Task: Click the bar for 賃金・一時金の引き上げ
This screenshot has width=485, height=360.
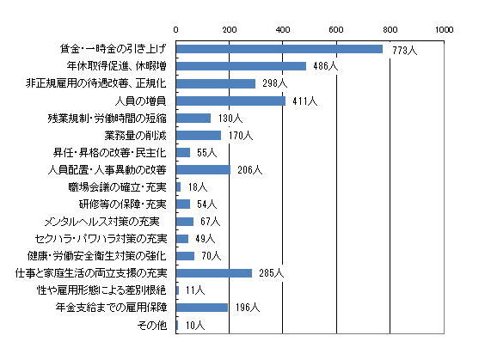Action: [x=279, y=49]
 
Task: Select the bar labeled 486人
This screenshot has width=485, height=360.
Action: [x=241, y=66]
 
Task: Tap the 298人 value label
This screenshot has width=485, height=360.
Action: [x=274, y=83]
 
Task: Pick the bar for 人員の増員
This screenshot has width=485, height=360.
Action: [x=230, y=101]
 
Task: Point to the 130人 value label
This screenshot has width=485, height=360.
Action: [x=230, y=119]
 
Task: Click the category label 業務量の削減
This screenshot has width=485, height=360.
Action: [x=136, y=136]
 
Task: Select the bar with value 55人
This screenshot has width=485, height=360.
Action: [x=183, y=153]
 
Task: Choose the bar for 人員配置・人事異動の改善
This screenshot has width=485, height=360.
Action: [x=203, y=169]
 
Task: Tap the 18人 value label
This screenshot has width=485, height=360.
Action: [x=198, y=187]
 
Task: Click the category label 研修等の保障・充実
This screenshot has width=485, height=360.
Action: [x=123, y=204]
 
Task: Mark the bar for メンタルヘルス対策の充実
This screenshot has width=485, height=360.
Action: [x=185, y=222]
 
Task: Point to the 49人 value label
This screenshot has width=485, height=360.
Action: [x=205, y=239]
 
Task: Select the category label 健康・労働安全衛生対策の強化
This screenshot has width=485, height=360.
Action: [x=97, y=256]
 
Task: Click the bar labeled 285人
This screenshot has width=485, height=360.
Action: [x=214, y=273]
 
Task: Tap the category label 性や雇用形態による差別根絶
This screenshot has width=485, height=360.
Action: [x=101, y=290]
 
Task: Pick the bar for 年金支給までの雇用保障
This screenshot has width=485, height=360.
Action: [x=202, y=308]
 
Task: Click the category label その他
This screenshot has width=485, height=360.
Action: [x=152, y=325]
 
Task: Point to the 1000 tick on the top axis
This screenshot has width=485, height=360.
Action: [x=445, y=30]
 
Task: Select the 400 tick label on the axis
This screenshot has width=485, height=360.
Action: [x=283, y=30]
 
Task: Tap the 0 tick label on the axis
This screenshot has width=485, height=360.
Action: [x=175, y=30]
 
